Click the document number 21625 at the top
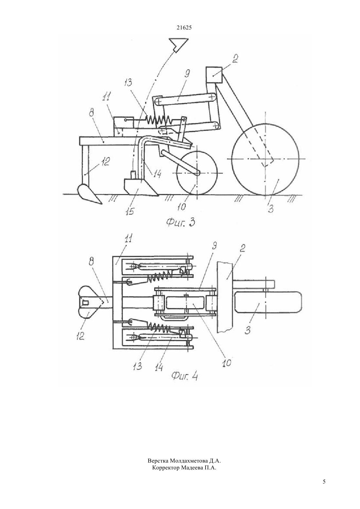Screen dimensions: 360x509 click(x=184, y=27)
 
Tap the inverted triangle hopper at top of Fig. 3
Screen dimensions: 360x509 click(x=178, y=45)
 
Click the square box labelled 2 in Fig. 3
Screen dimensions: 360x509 click(x=214, y=75)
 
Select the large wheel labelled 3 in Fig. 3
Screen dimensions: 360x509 click(x=265, y=159)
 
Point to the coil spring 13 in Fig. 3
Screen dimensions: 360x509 click(x=158, y=119)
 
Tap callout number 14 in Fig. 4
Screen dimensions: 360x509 click(x=158, y=366)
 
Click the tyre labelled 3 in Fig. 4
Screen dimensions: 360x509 click(x=268, y=302)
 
